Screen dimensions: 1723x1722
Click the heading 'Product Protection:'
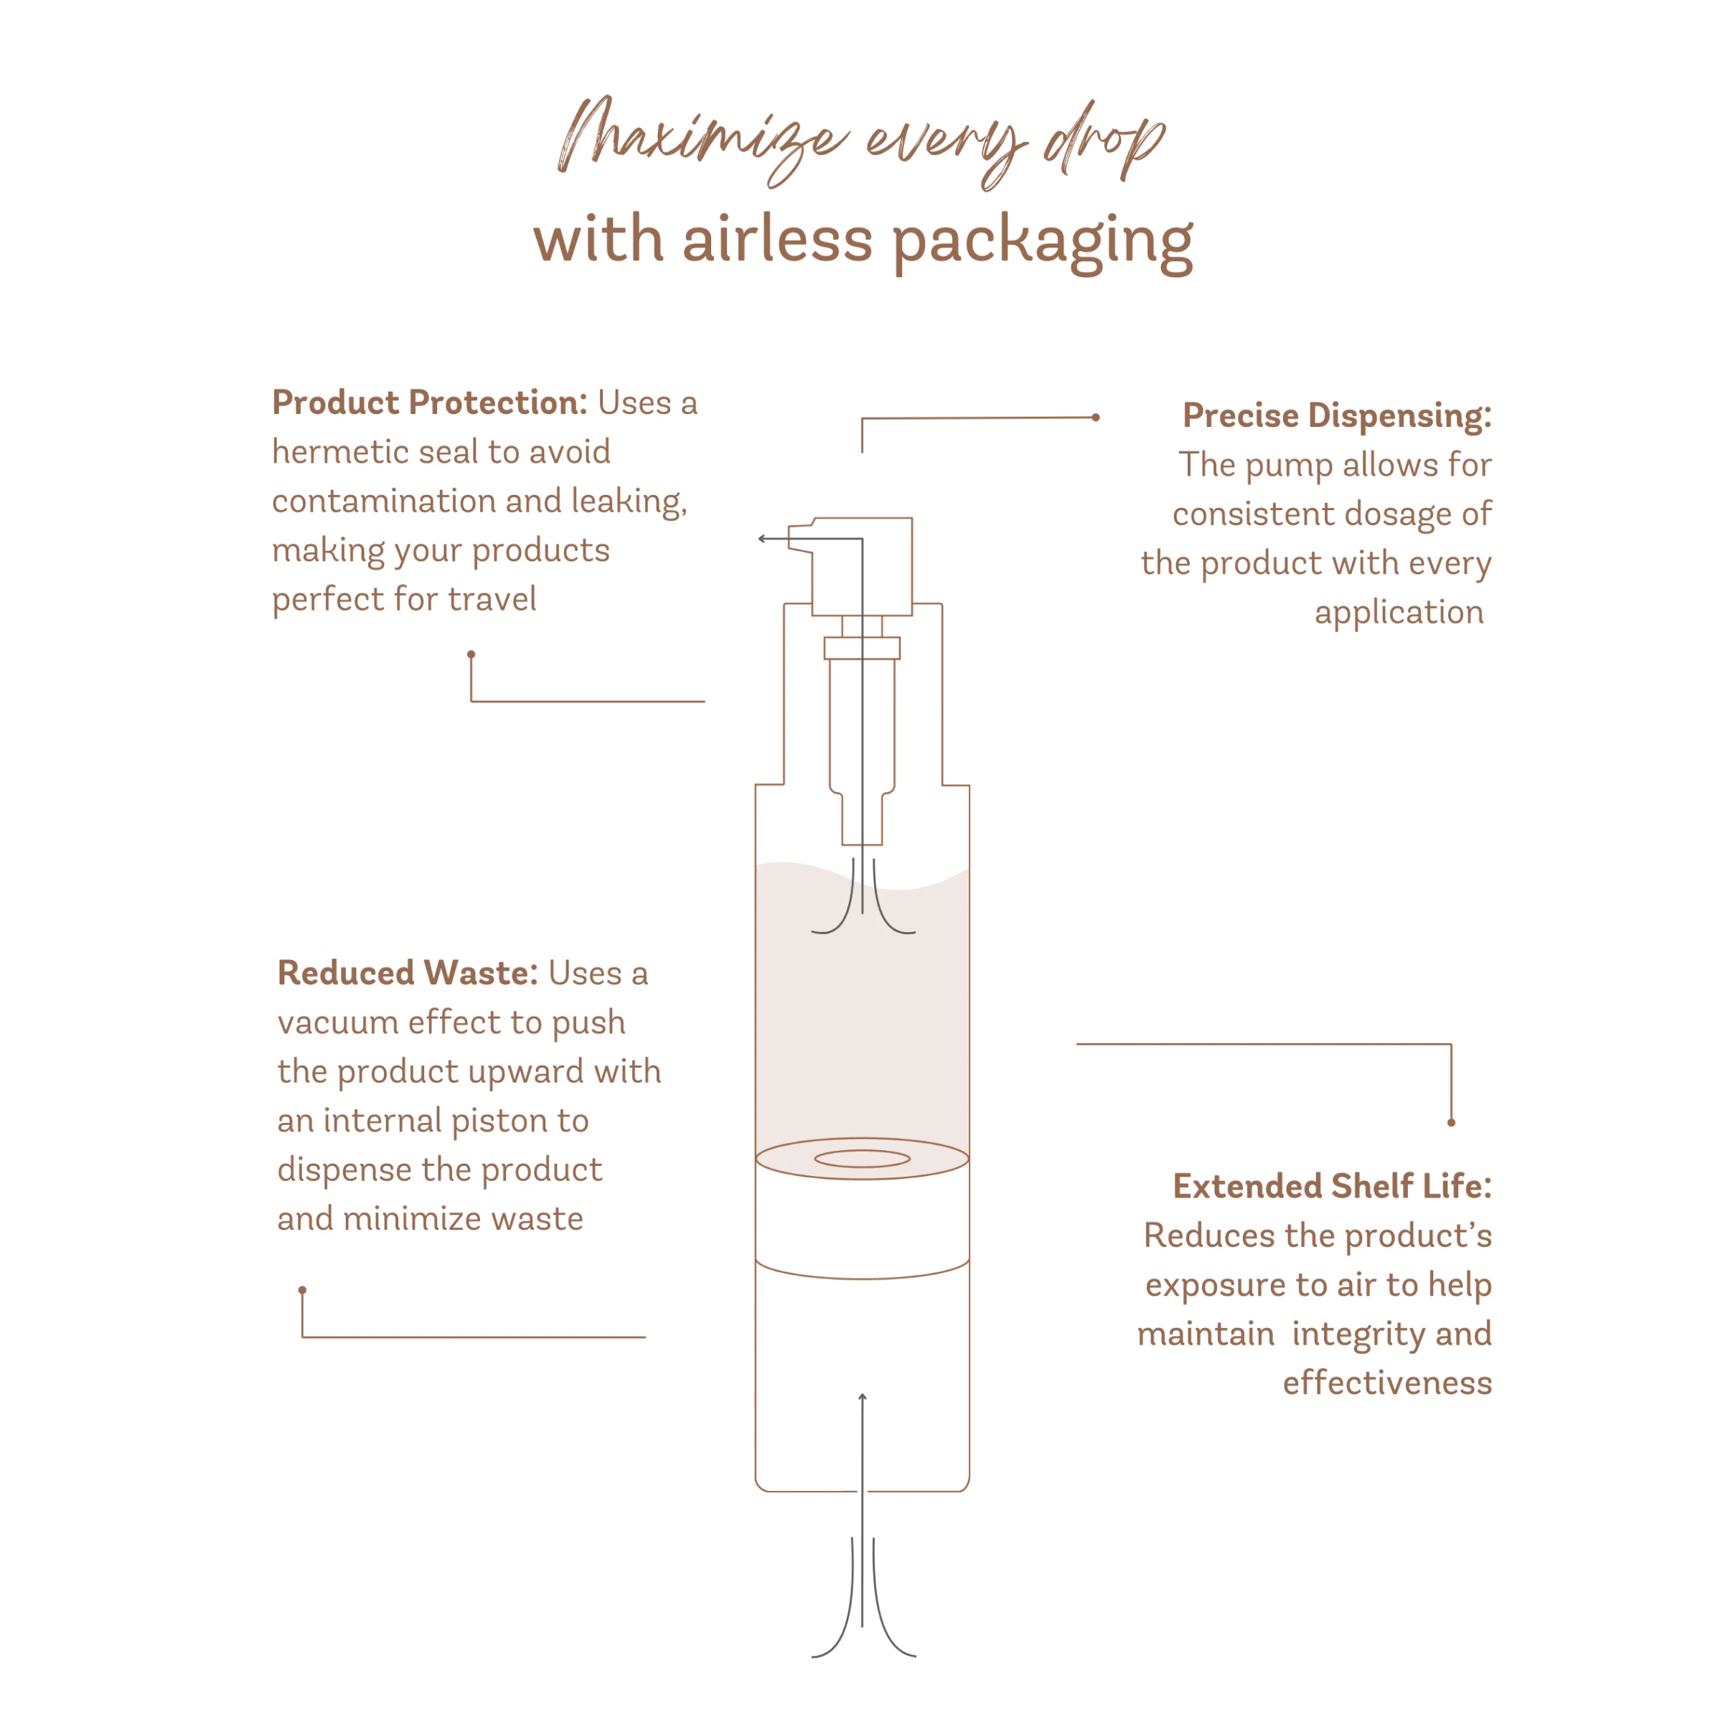point(430,403)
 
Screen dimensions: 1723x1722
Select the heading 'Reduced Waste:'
point(408,973)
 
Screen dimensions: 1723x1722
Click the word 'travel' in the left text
point(492,599)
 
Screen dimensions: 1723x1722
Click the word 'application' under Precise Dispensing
point(1399,613)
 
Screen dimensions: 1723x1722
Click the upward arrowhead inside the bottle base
point(863,1396)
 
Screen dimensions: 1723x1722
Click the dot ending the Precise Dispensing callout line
point(1096,418)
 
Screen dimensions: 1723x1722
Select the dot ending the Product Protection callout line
point(471,654)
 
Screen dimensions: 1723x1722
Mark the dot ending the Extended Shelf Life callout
point(1451,1123)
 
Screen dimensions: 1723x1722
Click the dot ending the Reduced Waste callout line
point(302,1290)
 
